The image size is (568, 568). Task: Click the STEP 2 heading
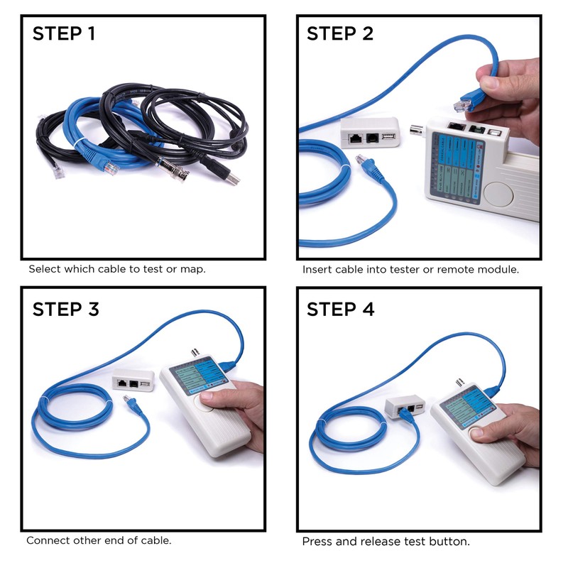340,33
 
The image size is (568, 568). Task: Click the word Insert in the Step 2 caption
317,270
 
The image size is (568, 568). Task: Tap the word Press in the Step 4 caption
317,542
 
